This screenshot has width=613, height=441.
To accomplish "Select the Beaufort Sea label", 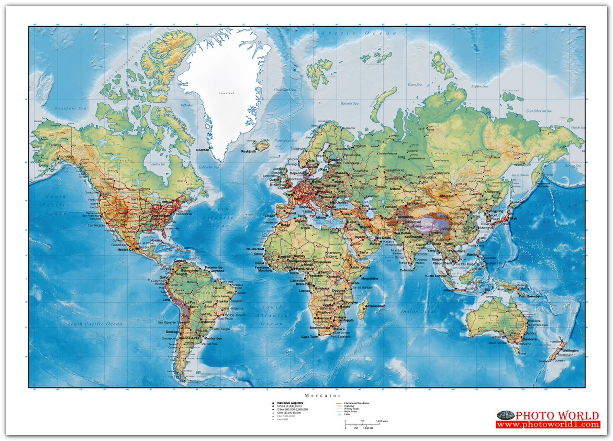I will [x=71, y=108].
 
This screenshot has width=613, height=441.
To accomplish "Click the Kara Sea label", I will [x=415, y=84].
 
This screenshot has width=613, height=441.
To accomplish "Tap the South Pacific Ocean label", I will [x=95, y=324].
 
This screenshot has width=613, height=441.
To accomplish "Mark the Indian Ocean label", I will [x=418, y=311].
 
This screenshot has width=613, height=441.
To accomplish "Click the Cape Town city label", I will [x=309, y=337].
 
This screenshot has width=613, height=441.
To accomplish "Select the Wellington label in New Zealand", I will [x=571, y=350].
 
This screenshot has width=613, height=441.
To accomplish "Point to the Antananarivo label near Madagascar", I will [x=375, y=306].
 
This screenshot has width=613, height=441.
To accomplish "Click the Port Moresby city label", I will [x=530, y=295].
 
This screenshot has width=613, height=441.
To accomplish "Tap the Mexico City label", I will [x=126, y=250].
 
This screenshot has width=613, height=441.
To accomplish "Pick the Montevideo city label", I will [x=211, y=338].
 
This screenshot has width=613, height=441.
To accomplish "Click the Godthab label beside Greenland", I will [x=203, y=150].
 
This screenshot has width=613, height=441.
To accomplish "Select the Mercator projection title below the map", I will [x=322, y=395].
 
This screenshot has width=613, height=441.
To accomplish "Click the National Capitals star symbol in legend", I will [x=273, y=403].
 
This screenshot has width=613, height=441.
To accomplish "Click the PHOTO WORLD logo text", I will [x=557, y=416].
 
